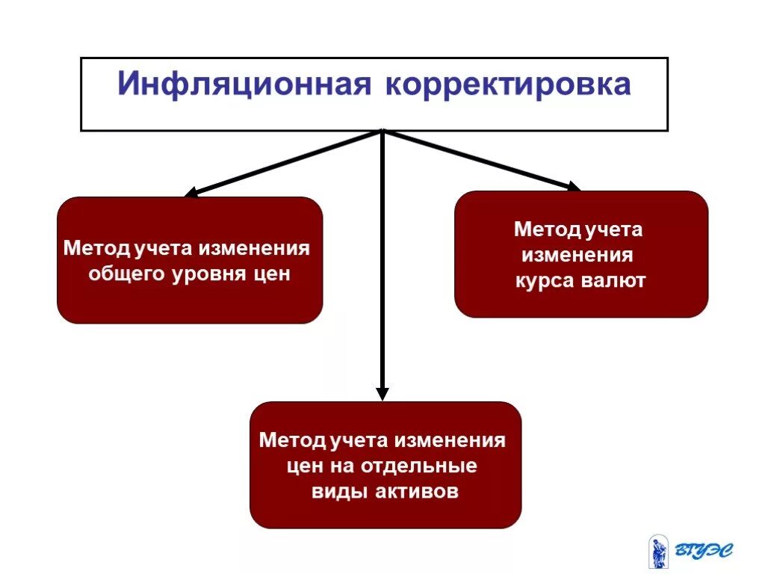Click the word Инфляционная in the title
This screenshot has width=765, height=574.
(244, 84)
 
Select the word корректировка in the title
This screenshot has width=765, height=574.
(508, 84)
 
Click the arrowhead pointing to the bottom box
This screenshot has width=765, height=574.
(382, 393)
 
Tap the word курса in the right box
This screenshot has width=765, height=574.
(543, 281)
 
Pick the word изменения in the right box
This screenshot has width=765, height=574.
(577, 256)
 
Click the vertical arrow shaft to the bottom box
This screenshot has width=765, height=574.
(382, 262)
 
